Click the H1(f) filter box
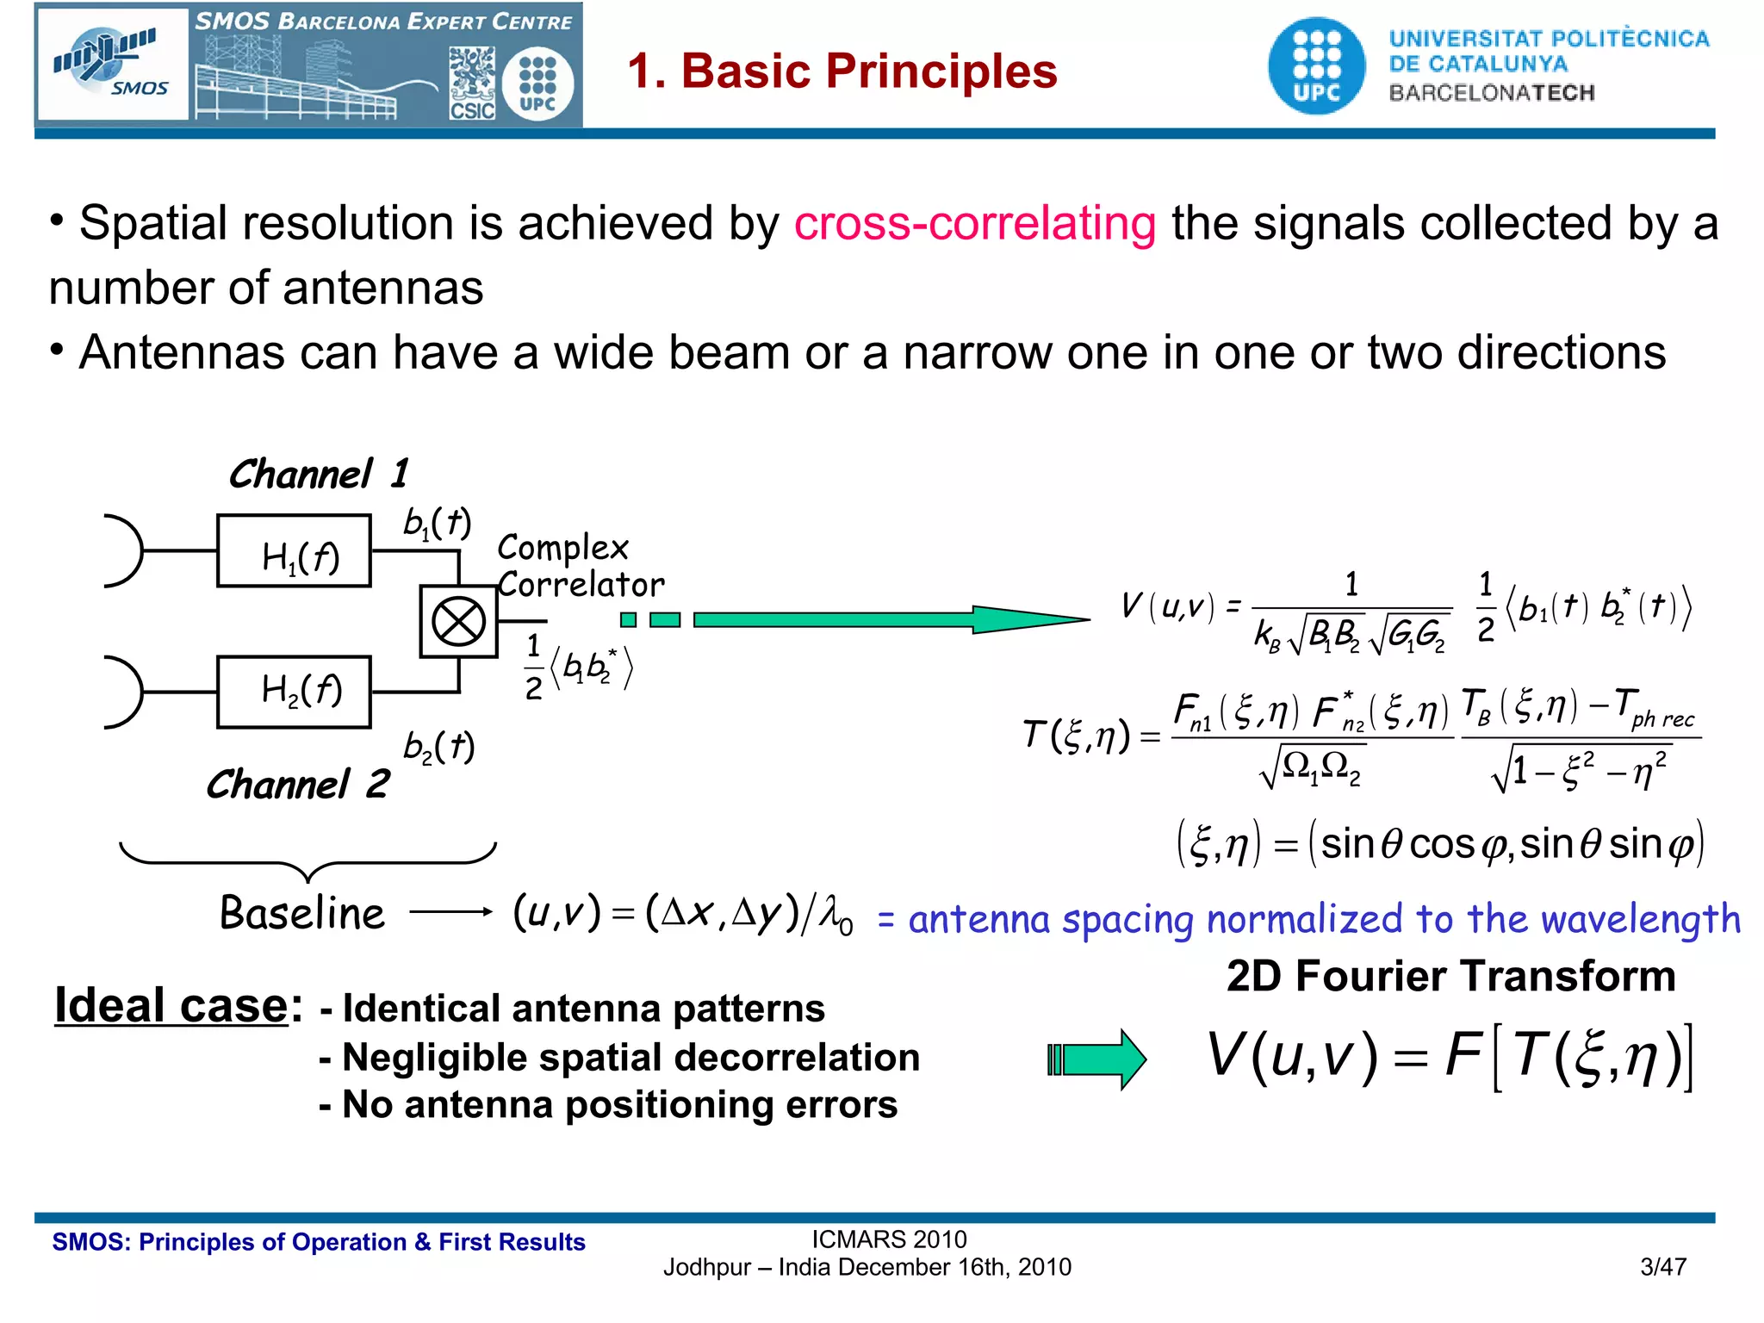(x=294, y=551)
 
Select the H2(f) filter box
(x=294, y=692)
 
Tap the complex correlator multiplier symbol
(x=458, y=621)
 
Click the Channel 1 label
(x=318, y=475)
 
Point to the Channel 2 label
(x=297, y=785)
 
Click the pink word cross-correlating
(x=974, y=223)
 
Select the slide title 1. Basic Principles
(x=842, y=71)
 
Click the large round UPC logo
(x=1316, y=66)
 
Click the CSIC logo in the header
(x=472, y=85)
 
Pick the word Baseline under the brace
(x=301, y=913)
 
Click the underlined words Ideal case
(x=171, y=1005)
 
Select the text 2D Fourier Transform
(x=1450, y=977)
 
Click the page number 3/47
(x=1662, y=1267)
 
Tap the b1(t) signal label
(x=437, y=523)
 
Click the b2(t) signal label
(x=438, y=747)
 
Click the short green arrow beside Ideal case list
(x=1096, y=1059)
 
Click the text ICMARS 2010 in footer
(x=889, y=1239)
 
